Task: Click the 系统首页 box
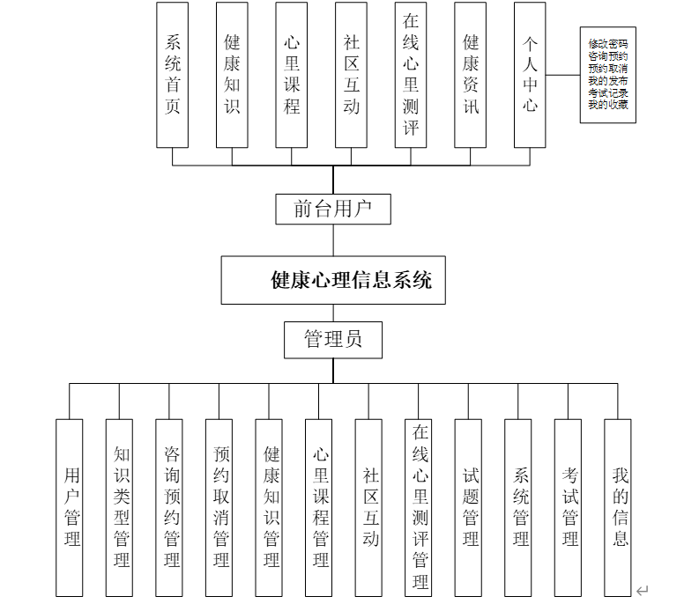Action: click(172, 75)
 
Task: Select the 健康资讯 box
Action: click(471, 75)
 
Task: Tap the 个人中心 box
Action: click(530, 75)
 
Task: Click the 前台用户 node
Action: click(332, 210)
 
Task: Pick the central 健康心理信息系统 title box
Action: click(333, 281)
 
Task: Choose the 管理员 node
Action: click(333, 339)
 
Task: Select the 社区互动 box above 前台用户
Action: click(351, 75)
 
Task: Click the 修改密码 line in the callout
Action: click(608, 43)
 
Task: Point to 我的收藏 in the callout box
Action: click(608, 105)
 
